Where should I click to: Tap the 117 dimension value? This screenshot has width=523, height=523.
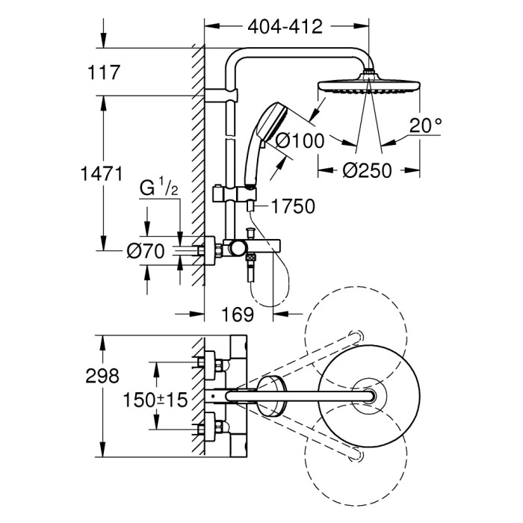(x=104, y=72)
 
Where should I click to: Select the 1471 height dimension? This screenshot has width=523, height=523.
(x=102, y=175)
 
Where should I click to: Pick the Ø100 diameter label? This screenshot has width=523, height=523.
(x=299, y=138)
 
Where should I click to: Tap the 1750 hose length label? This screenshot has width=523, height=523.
(x=294, y=205)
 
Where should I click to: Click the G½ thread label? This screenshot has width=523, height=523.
(x=158, y=188)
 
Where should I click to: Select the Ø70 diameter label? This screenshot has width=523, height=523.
(x=143, y=252)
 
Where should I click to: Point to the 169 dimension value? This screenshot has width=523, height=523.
(x=238, y=314)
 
